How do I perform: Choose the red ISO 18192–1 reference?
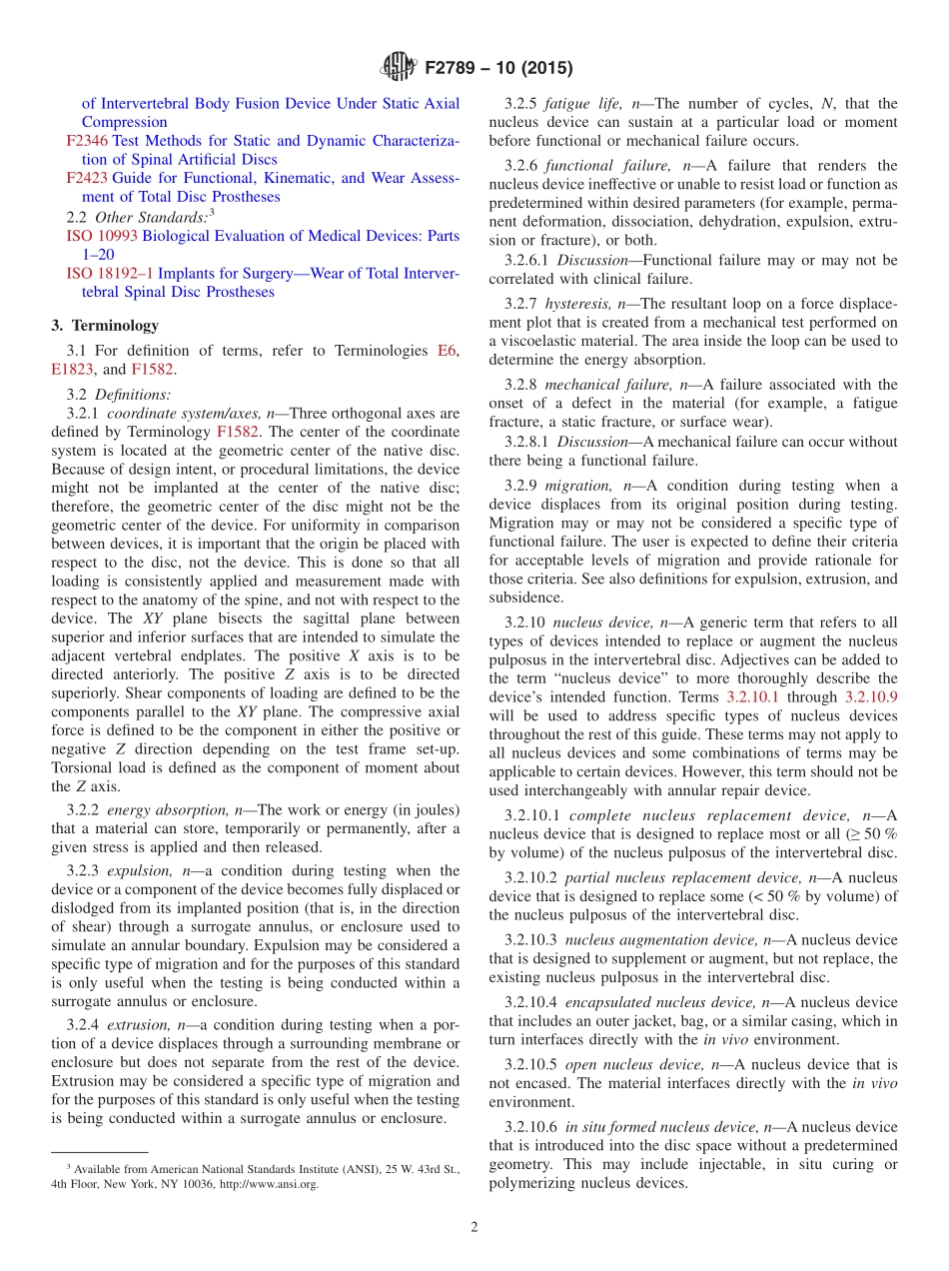(x=109, y=274)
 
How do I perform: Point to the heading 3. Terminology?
(x=105, y=326)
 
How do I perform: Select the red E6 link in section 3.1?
(x=448, y=350)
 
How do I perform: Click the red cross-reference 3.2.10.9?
(x=871, y=697)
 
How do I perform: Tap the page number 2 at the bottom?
(x=474, y=1227)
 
